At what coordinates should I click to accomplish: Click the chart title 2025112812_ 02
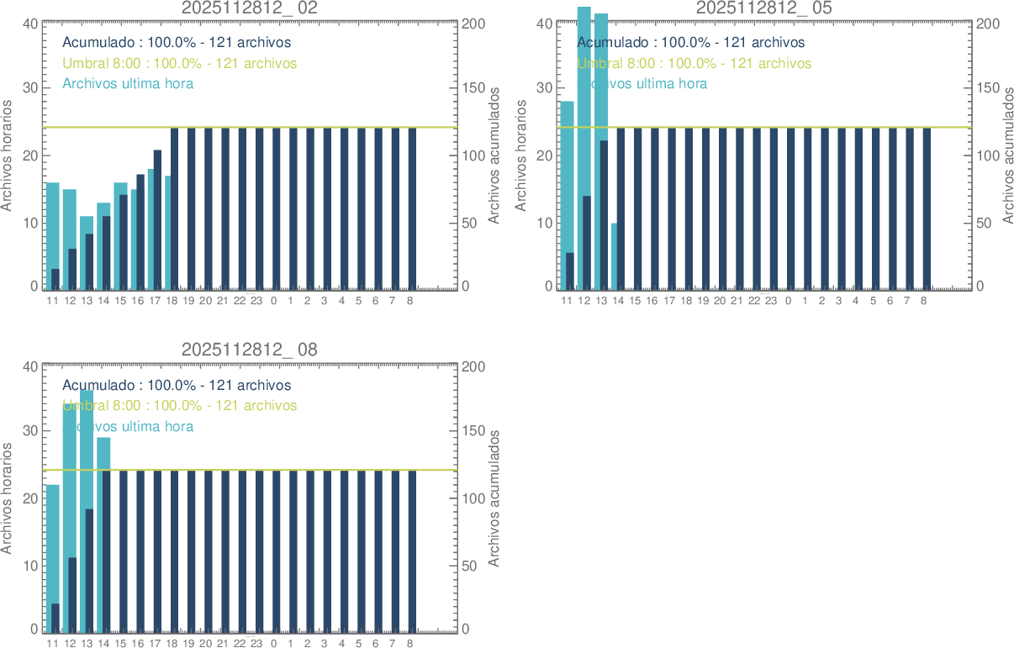(250, 8)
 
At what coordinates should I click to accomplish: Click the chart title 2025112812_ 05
(764, 8)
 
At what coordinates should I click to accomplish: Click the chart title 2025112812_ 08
(250, 350)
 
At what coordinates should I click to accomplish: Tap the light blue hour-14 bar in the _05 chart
(615, 256)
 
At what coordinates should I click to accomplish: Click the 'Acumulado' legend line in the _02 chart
(177, 43)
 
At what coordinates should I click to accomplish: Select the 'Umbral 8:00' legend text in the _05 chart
(694, 63)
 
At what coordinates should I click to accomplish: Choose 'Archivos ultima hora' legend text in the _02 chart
(128, 83)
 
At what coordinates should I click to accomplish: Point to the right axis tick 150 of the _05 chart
(987, 88)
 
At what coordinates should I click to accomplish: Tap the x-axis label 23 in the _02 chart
(256, 300)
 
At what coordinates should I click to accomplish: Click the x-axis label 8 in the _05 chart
(923, 300)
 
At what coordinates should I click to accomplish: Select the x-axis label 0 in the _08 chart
(273, 643)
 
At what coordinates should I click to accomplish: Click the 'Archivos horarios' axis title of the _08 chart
(8, 498)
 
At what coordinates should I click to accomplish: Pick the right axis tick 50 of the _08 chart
(473, 566)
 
